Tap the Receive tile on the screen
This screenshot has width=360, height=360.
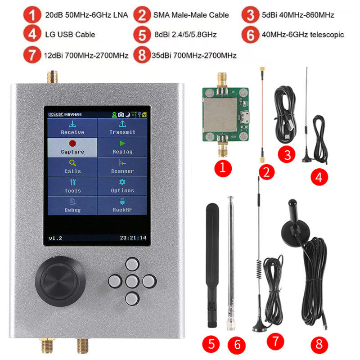[72, 128]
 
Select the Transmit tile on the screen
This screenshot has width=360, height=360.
[122, 128]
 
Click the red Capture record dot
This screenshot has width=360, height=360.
[72, 144]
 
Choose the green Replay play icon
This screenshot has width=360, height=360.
[122, 144]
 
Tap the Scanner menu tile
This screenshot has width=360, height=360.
[122, 167]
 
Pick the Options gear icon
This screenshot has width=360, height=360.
[122, 182]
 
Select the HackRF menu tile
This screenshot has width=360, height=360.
[122, 206]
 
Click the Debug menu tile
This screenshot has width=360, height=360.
[72, 206]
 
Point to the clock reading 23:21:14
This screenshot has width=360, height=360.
[133, 238]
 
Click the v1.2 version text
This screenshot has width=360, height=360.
[55, 238]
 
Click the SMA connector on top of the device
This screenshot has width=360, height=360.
[52, 77]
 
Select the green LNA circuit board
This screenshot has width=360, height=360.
[225, 115]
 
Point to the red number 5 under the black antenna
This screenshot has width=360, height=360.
[211, 344]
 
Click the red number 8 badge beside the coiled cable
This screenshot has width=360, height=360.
[319, 344]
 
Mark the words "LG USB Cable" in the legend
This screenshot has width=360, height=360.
[70, 35]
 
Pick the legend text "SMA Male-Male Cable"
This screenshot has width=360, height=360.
[191, 15]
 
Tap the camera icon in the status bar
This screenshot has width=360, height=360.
[121, 115]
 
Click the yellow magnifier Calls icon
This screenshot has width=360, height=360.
[72, 163]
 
